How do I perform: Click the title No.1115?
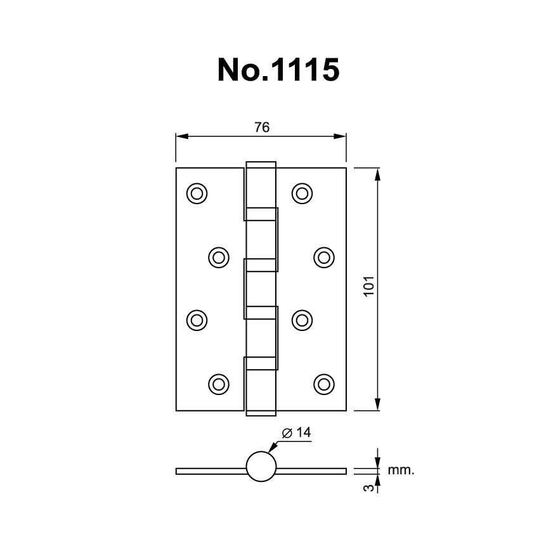coord(278,70)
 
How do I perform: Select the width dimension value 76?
coord(262,127)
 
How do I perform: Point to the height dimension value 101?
coord(368,286)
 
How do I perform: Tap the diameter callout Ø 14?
coord(297,432)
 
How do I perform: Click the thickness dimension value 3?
coord(369,487)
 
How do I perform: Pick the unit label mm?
coord(401,470)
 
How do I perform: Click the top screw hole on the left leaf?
coord(197,193)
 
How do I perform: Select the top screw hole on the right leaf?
coord(302,193)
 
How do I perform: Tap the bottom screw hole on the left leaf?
coord(219,384)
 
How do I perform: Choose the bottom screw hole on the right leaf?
coord(324,384)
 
